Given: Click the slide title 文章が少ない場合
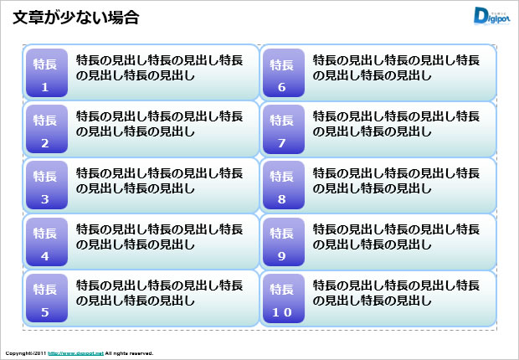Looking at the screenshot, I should (x=76, y=17).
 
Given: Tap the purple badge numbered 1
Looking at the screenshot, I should (x=45, y=74).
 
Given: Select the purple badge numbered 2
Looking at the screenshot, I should (x=45, y=130).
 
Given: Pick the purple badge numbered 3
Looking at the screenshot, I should (x=45, y=186).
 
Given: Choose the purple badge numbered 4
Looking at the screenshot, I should (x=45, y=243).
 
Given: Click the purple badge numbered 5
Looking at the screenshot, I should (x=45, y=299).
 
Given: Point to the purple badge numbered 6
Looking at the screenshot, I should (x=282, y=74).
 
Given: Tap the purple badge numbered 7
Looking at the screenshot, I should (x=282, y=130).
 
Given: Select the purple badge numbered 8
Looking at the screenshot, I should (x=282, y=186).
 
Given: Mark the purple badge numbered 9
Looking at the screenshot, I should (x=282, y=243).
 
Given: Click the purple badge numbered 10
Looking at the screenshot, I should (x=282, y=299).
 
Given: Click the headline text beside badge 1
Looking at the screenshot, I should (x=159, y=67).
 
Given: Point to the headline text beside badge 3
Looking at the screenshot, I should (x=159, y=180).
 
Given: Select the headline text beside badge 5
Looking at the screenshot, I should (x=159, y=292).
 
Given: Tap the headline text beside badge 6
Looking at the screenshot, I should (x=396, y=67).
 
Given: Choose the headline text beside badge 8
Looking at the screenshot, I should (x=396, y=180).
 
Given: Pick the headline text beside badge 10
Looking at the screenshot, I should (x=396, y=292).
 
